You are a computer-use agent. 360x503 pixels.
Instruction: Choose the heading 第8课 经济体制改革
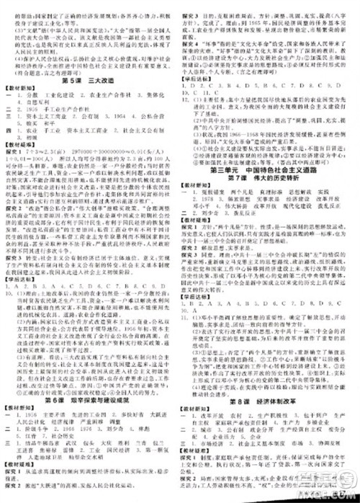[269, 398]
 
